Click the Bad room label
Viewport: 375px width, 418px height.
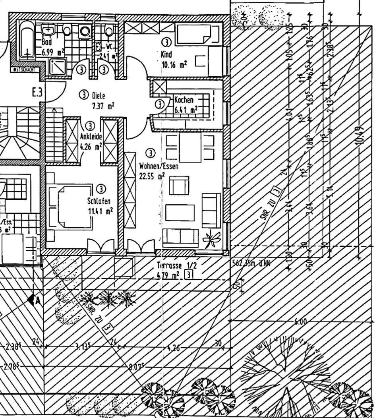(46, 43)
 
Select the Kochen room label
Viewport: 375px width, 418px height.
(184, 100)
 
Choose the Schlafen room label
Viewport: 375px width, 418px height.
(99, 201)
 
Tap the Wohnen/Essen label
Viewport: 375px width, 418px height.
(159, 166)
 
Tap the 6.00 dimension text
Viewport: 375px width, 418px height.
(301, 322)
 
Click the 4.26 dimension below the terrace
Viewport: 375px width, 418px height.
(174, 348)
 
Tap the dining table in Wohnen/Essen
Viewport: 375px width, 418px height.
(189, 146)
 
